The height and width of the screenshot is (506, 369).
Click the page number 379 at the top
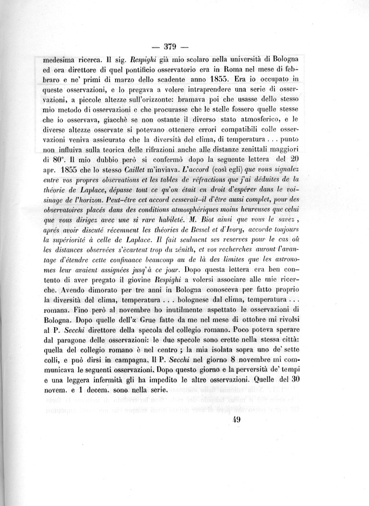171,47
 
